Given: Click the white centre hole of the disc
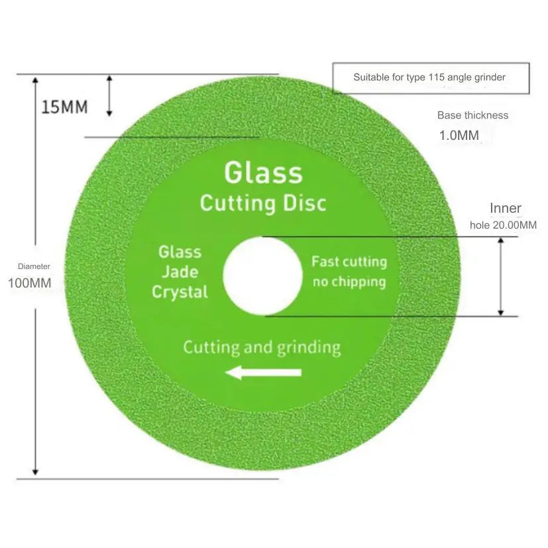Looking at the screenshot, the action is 263,276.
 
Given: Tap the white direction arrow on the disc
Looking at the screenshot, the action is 264,372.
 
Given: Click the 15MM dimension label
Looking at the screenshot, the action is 65,107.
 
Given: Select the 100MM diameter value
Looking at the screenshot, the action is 30,283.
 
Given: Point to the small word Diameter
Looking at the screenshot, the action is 34,266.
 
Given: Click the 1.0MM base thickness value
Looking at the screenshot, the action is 459,136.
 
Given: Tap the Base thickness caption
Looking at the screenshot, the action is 473,115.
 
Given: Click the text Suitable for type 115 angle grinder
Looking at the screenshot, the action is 429,78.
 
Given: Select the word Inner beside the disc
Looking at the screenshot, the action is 506,208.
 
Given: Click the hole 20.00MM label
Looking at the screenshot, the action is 503,225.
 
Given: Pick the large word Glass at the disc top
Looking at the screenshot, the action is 264,173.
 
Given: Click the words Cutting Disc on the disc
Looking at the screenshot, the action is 264,203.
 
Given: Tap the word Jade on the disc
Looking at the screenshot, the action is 180,272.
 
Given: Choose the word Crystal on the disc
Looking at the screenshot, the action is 180,292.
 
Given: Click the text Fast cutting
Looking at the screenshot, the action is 349,262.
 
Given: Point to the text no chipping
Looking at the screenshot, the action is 349,282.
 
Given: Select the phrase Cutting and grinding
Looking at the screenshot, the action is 262,348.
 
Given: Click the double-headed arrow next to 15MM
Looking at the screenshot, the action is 109,96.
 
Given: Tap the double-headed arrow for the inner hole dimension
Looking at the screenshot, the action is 501,276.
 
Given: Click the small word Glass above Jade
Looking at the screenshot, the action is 180,252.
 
